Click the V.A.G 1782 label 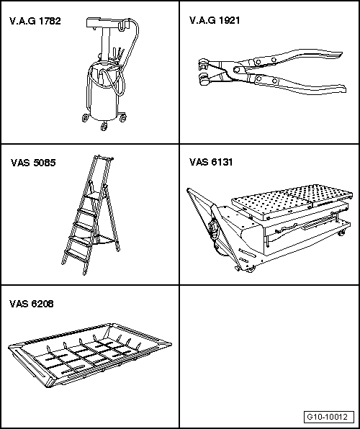point(35,21)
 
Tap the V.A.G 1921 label point(215,20)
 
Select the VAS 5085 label point(33,163)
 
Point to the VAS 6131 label point(211,162)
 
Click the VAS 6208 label point(32,304)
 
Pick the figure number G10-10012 point(328,417)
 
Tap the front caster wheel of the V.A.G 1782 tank point(104,127)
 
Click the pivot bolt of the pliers point(238,70)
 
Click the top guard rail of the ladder point(104,158)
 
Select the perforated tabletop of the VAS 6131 point(292,201)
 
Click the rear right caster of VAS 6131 point(341,232)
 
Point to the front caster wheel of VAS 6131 point(251,269)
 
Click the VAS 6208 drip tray point(90,355)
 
